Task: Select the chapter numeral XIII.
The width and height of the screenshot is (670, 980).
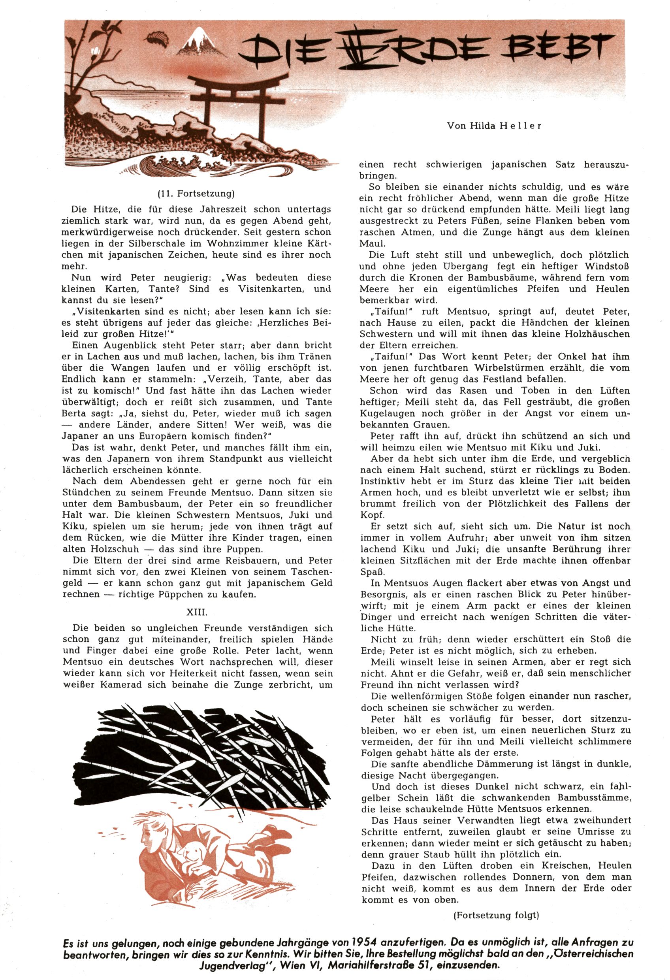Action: pyautogui.click(x=196, y=611)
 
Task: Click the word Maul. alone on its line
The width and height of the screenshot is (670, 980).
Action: pyautogui.click(x=370, y=244)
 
